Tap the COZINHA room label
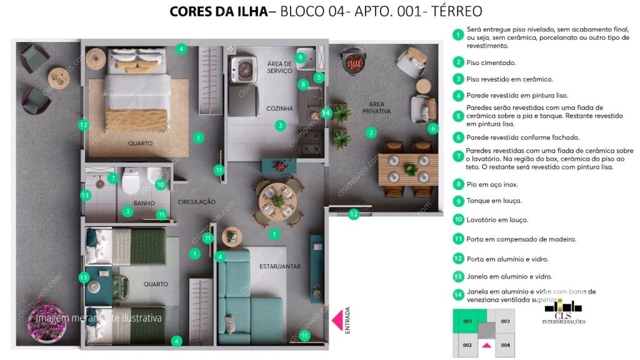[279, 109]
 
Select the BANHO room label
[144, 203]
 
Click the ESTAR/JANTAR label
[280, 266]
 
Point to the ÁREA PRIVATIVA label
[376, 107]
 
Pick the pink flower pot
[47, 321]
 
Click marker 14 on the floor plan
[326, 113]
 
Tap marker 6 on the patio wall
[433, 128]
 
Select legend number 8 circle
[459, 184]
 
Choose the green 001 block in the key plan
[466, 322]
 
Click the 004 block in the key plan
[505, 344]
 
